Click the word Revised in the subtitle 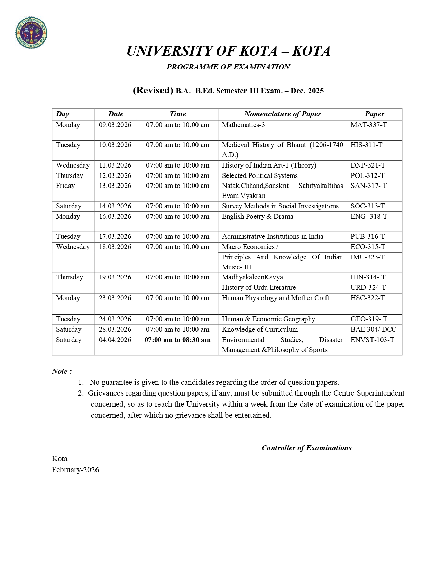(x=153, y=90)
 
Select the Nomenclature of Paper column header (x=282, y=114)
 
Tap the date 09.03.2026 (x=115, y=125)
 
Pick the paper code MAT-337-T (x=368, y=125)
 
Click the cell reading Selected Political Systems (x=260, y=175)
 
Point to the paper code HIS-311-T (x=366, y=145)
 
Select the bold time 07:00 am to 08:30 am (x=177, y=340)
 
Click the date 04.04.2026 (x=115, y=340)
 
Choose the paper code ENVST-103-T (x=372, y=340)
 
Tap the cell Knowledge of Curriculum (x=260, y=329)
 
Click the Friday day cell (x=65, y=186)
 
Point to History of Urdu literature (x=259, y=287)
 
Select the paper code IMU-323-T (x=367, y=257)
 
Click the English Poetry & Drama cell (x=257, y=216)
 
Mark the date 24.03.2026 (x=115, y=319)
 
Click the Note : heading (x=62, y=371)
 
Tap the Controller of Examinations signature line (x=306, y=448)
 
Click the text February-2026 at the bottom (x=75, y=470)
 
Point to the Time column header (x=177, y=114)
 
